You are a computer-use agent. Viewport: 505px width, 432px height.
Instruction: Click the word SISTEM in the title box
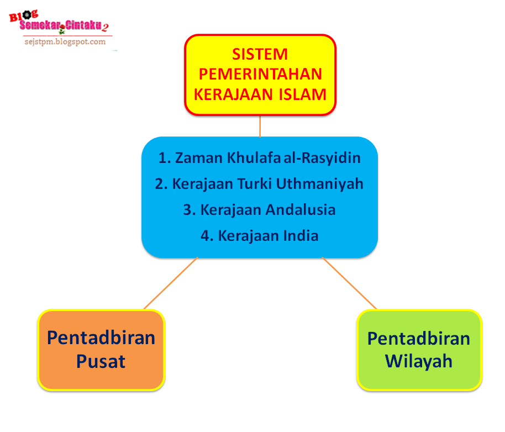click(x=260, y=54)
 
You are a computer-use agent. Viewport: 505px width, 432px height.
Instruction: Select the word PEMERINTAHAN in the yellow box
click(x=260, y=74)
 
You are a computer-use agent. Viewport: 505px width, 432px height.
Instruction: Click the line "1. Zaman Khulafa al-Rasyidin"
click(x=259, y=158)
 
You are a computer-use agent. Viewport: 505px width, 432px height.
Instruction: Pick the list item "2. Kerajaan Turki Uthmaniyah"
click(x=259, y=183)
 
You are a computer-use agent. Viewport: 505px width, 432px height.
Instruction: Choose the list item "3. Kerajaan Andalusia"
click(x=259, y=210)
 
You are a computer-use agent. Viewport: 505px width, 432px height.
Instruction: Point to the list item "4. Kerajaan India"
click(x=259, y=236)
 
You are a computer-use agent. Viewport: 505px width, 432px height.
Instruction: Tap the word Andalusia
click(x=300, y=210)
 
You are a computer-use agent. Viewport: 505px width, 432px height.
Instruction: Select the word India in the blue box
click(x=301, y=236)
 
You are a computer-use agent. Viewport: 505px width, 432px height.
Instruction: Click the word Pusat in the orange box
click(x=101, y=361)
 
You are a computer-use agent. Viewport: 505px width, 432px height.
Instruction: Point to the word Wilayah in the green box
click(x=419, y=361)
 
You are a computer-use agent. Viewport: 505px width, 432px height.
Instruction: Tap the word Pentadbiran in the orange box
click(x=101, y=337)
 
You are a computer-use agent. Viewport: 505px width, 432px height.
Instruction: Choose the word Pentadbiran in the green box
click(x=419, y=338)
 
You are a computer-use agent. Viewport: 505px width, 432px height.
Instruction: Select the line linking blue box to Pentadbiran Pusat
click(x=170, y=283)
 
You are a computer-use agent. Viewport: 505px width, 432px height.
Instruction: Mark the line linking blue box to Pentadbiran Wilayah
click(x=349, y=283)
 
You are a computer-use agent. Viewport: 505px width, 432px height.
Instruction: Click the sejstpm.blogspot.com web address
click(x=65, y=41)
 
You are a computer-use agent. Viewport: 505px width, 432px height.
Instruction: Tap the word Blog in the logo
click(x=20, y=16)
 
